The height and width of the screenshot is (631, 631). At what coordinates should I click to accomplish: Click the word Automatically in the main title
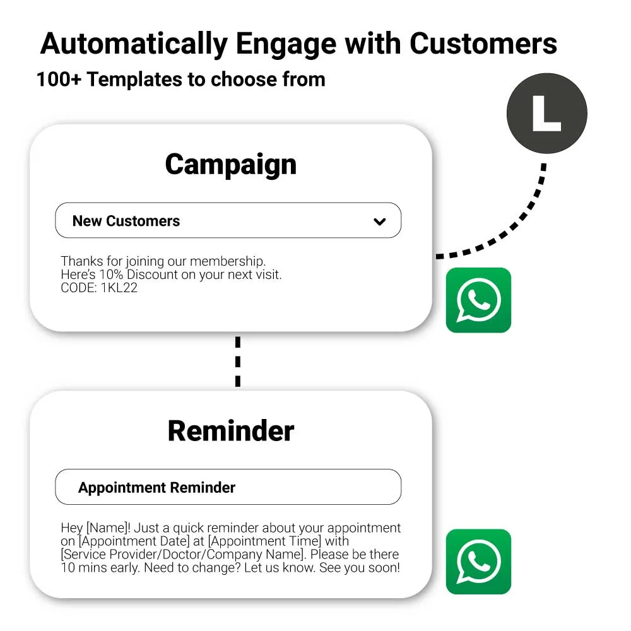click(134, 44)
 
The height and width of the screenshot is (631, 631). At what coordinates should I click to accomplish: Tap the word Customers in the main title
click(483, 43)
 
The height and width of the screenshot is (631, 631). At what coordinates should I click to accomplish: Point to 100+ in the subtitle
click(59, 79)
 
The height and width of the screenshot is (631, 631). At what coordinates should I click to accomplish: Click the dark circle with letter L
click(547, 113)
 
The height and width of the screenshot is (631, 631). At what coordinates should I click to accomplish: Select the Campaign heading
click(230, 165)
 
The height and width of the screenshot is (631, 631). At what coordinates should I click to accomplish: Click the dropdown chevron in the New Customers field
click(379, 221)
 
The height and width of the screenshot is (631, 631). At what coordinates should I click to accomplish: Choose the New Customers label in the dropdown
click(126, 221)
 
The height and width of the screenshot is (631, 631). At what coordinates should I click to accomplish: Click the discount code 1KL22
click(119, 288)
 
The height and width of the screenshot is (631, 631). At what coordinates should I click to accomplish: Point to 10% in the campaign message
click(111, 274)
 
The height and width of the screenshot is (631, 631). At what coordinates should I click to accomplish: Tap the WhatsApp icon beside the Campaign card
click(478, 300)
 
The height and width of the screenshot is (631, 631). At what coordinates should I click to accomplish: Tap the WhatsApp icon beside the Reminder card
click(478, 562)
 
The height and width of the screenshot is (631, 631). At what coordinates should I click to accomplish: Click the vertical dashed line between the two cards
click(238, 362)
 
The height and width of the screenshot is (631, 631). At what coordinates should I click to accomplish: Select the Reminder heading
click(230, 431)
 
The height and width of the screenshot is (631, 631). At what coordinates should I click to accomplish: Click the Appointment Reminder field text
click(156, 487)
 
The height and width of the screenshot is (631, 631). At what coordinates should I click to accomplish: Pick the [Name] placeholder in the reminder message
click(107, 528)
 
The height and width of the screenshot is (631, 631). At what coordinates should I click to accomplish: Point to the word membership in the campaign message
click(227, 262)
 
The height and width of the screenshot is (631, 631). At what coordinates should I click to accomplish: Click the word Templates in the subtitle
click(134, 80)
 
